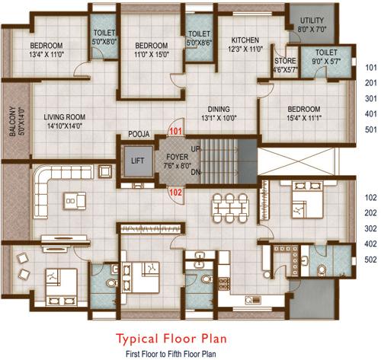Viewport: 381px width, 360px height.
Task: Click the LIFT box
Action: click(x=136, y=161)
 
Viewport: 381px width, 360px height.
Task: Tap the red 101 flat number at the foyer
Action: click(x=175, y=131)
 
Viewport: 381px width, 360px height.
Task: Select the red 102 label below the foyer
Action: click(x=174, y=192)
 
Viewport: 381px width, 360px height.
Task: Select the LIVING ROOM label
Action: click(x=64, y=116)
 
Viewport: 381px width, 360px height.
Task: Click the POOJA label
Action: click(x=138, y=133)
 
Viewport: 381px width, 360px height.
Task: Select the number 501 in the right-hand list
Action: click(x=370, y=129)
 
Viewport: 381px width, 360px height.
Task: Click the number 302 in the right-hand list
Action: click(x=370, y=228)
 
